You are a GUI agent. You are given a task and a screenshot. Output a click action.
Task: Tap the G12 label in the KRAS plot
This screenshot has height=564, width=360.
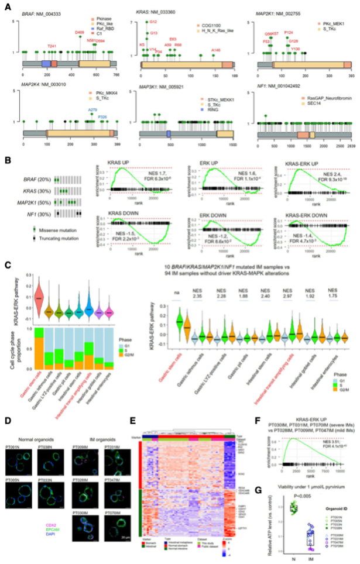pyautogui.click(x=153, y=22)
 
